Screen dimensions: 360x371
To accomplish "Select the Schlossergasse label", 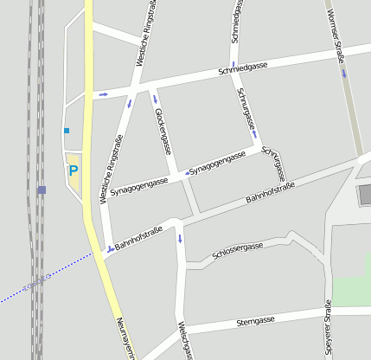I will coord(237,251).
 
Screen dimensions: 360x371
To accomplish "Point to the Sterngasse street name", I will coord(255,321).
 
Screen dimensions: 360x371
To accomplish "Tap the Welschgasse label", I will coord(183,341).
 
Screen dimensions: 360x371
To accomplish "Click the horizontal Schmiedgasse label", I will coord(243,67).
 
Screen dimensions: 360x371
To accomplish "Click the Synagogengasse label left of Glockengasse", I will coord(138,183).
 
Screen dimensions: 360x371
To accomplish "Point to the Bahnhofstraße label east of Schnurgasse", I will coord(271,192).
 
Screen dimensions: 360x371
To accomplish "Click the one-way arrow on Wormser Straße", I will coord(344,73).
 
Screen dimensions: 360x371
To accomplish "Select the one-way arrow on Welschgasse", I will coord(180,238).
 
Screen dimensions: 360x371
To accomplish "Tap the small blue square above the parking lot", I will coord(66,131).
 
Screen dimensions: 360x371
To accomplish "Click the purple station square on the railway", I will coord(42,190).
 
